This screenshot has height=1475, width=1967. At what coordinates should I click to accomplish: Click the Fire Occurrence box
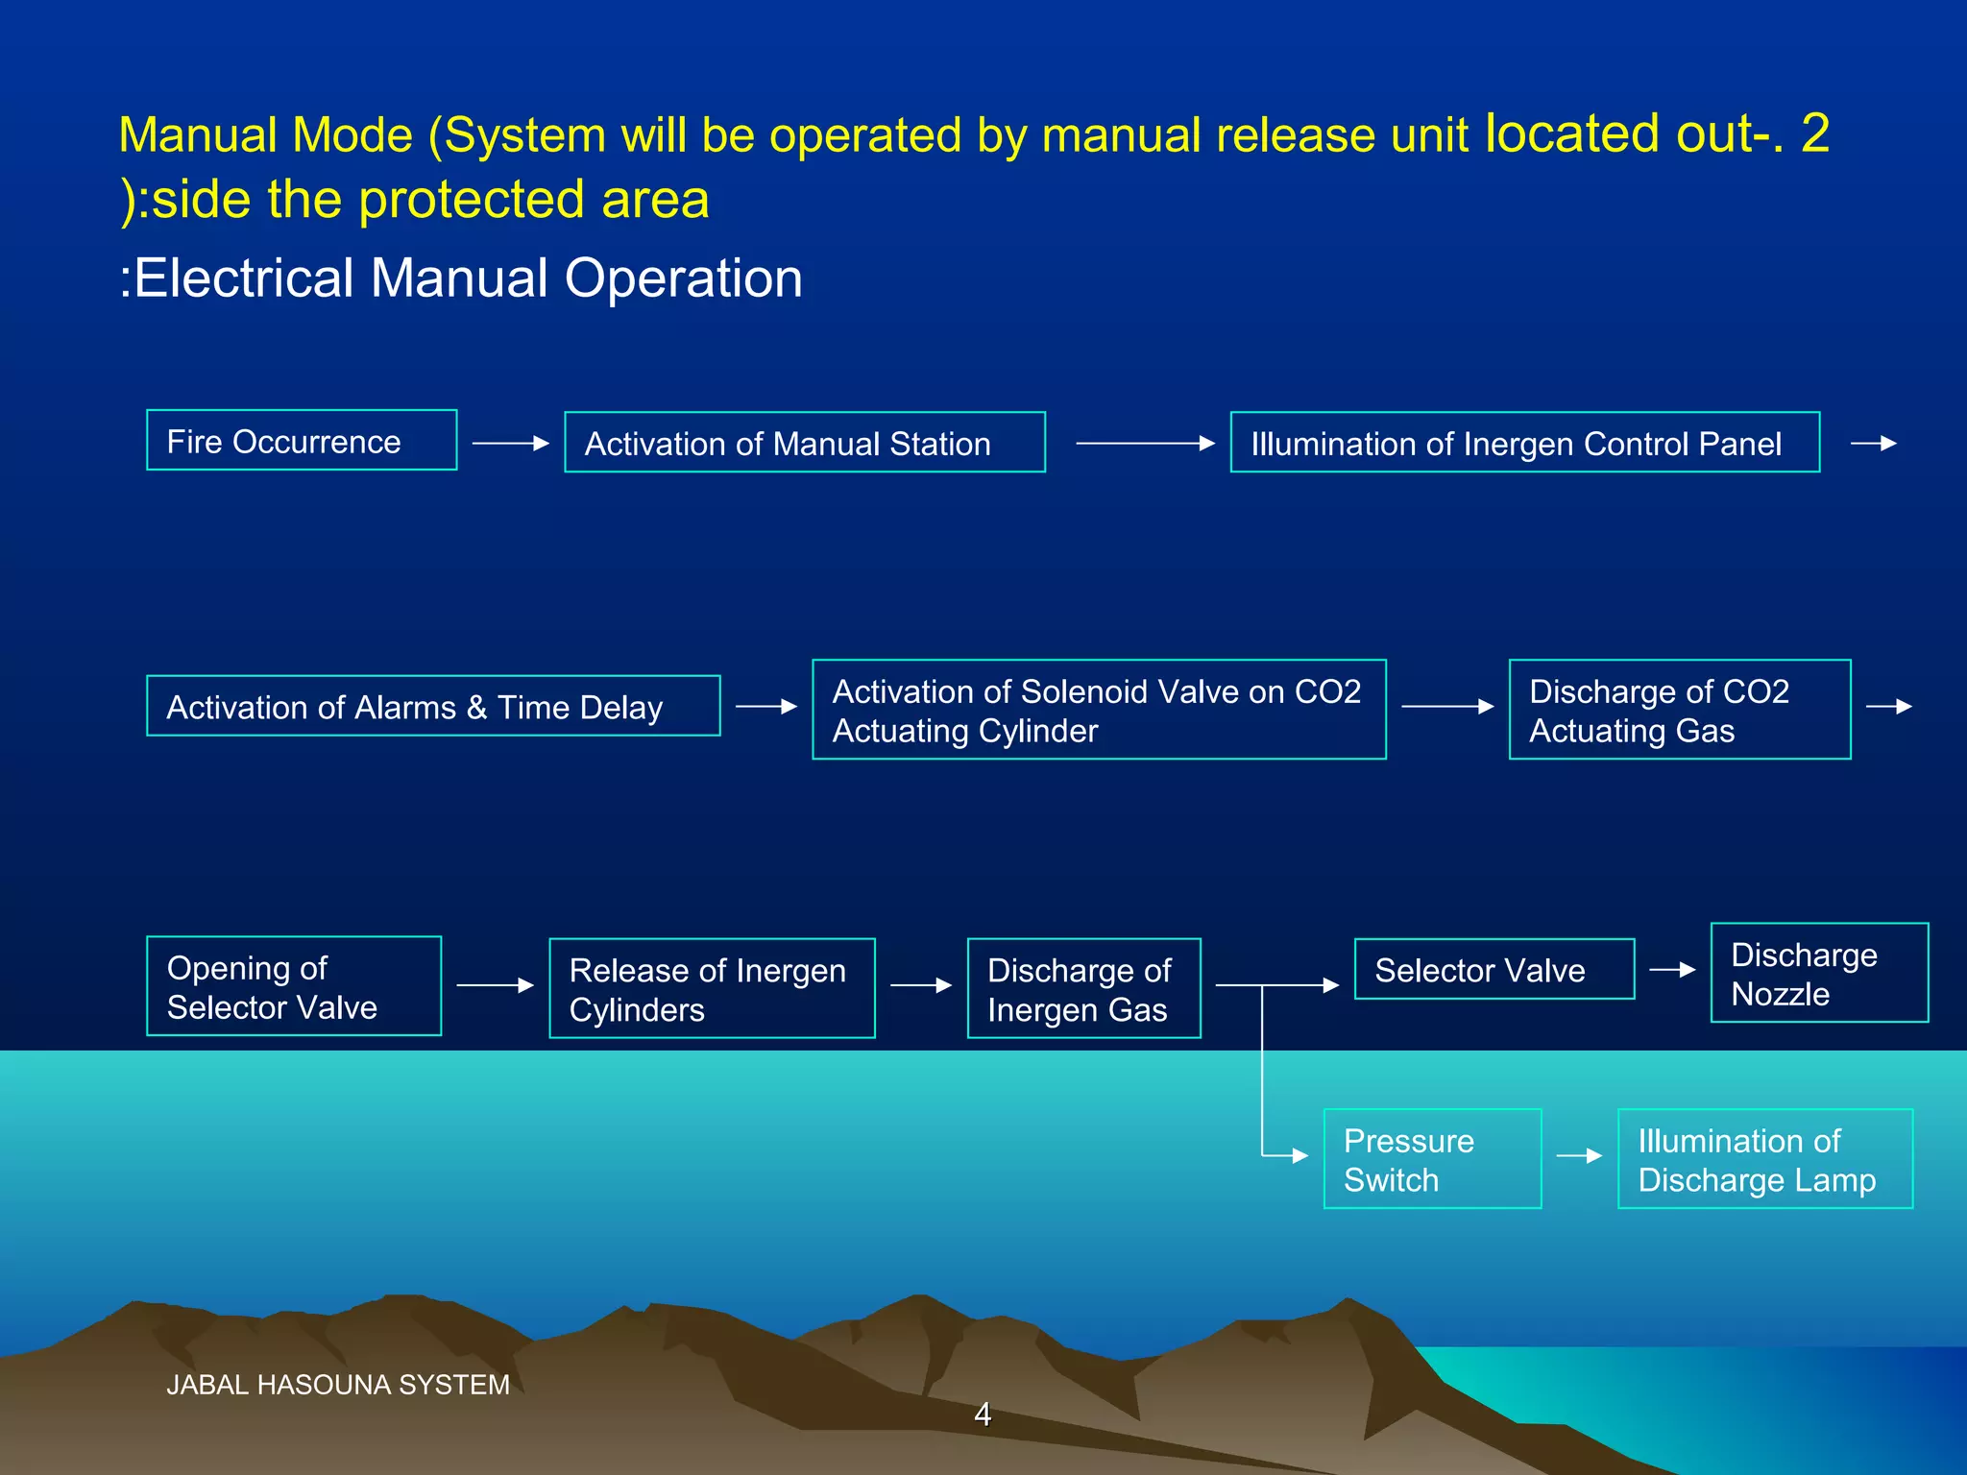point(302,441)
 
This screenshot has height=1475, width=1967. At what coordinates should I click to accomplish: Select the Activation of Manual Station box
point(804,443)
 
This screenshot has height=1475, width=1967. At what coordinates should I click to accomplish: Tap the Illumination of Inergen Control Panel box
point(1524,443)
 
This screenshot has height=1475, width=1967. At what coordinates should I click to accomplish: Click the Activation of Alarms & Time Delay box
point(433,707)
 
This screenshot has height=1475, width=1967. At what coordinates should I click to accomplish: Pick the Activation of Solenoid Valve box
point(1099,710)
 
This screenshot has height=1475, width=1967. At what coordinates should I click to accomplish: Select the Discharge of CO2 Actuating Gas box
point(1679,710)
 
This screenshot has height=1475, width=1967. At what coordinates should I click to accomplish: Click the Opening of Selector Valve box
point(294,986)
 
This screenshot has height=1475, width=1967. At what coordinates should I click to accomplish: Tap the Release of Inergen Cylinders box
point(712,988)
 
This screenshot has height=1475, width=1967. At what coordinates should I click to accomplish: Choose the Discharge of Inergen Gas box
point(1083,988)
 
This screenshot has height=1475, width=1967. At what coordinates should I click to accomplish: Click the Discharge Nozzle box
point(1818,973)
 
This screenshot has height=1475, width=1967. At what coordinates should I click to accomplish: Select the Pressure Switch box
point(1432,1159)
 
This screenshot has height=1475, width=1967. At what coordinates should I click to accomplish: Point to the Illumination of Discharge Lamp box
point(1764,1159)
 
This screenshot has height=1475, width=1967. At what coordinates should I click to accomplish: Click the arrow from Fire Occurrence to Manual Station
point(511,443)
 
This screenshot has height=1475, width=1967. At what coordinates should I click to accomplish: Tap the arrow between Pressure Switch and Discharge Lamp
point(1579,1156)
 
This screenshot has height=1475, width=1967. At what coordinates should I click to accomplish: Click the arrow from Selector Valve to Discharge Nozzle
point(1672,970)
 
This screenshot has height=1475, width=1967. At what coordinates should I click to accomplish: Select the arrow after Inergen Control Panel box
point(1874,443)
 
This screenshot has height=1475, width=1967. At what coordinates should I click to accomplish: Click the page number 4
point(983,1414)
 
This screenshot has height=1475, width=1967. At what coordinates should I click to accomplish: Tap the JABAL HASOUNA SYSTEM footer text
point(338,1385)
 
